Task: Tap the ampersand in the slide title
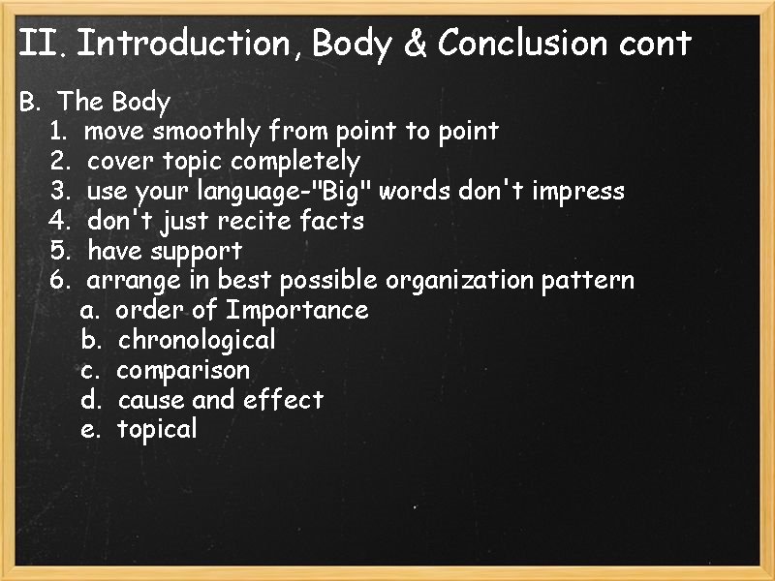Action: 416,44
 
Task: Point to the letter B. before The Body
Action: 28,102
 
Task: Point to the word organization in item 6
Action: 459,281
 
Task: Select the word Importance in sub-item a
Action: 296,311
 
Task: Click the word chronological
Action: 197,340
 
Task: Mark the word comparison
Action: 183,370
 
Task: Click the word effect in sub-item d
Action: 284,399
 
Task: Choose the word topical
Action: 157,430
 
